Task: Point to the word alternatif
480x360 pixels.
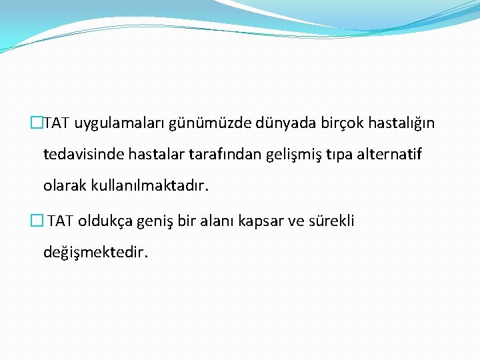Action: [389, 155]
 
